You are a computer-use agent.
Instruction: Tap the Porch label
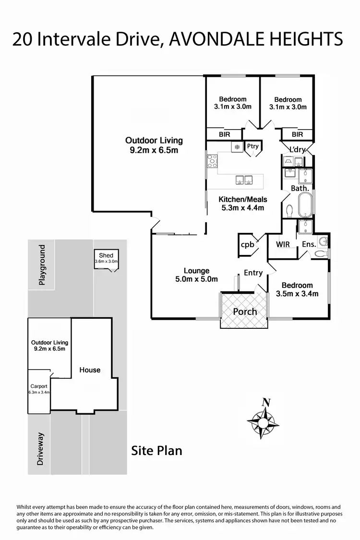(245, 312)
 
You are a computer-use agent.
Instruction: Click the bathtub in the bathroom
(305, 205)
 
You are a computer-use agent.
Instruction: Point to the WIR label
(283, 244)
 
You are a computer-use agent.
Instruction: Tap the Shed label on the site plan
(106, 255)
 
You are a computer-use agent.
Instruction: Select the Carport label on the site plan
(39, 386)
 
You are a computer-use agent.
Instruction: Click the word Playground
(42, 265)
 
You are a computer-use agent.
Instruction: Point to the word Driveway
(41, 449)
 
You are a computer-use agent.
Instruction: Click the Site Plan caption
(157, 451)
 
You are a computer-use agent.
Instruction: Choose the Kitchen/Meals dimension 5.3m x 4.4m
(243, 208)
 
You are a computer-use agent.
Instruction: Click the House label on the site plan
(90, 370)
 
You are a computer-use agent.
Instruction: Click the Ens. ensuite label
(309, 244)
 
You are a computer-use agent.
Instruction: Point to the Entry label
(253, 273)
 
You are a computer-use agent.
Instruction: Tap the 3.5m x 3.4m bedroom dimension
(297, 294)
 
